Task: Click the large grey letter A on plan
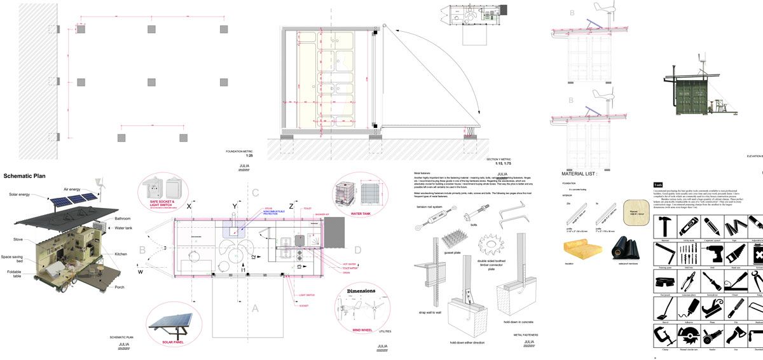(256, 308)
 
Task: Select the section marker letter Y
(234, 207)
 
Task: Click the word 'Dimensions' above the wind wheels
(361, 291)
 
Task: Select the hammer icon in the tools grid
(664, 225)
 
